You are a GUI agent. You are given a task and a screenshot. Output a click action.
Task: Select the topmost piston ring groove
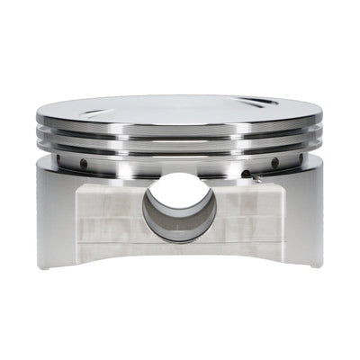tap(180, 130)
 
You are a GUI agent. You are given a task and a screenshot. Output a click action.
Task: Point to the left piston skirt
tap(58, 216)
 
